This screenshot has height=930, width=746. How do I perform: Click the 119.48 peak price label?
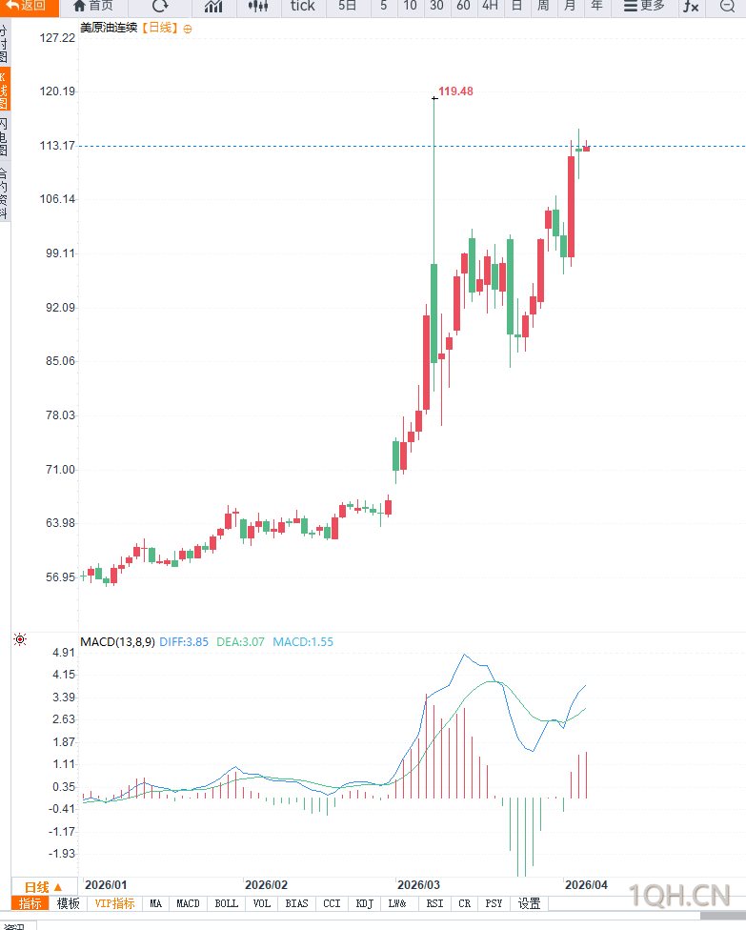pos(455,91)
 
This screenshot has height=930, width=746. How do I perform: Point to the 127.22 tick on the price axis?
pos(58,38)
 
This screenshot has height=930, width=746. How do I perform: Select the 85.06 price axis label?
pos(58,361)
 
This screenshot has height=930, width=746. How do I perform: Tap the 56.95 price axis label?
pos(58,577)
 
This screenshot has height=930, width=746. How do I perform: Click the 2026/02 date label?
pos(266,885)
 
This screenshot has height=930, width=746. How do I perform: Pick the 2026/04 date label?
pos(586,885)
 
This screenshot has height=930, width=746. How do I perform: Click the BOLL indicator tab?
pos(227,903)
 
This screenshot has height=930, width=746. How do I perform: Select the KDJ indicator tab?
pos(364,903)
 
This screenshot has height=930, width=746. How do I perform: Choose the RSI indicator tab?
pos(434,903)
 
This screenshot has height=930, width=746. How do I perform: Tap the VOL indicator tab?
pos(262,903)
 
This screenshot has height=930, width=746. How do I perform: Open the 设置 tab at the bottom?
pos(529,903)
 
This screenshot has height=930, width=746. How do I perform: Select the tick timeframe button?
pos(302,6)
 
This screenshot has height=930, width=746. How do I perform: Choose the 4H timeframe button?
pos(490,6)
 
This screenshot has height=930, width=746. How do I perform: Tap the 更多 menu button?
pos(644,6)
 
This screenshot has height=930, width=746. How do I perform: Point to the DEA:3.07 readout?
pos(240,642)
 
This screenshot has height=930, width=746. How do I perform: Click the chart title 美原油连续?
pos(109,28)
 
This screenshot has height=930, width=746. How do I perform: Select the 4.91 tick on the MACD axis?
pos(63,654)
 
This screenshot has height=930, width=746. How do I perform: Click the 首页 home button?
pos(92,6)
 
